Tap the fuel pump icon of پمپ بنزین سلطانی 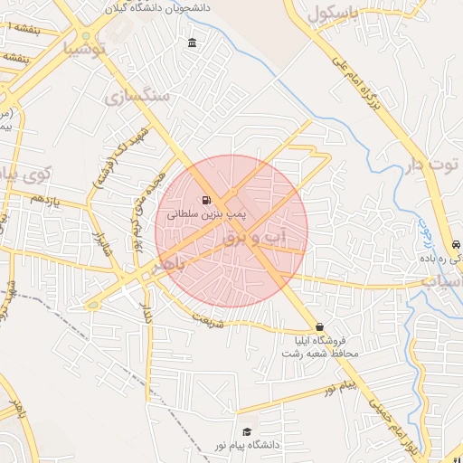click(207, 200)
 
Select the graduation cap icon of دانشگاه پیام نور click(247, 432)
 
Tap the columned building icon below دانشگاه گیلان click(192, 43)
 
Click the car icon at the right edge click(456, 245)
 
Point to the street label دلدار click(146, 313)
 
